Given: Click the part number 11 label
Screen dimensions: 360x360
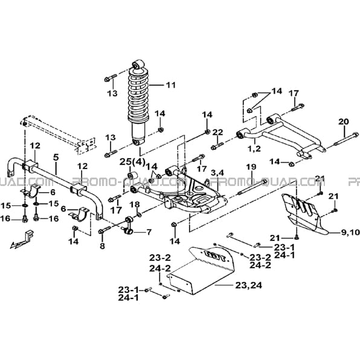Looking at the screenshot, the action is [170, 85].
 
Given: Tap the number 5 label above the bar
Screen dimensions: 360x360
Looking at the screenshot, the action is [56, 157].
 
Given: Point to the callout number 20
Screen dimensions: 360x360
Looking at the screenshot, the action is [344, 121].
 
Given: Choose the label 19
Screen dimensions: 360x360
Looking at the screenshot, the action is [251, 167].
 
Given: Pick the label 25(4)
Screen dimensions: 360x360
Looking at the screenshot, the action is [132, 162].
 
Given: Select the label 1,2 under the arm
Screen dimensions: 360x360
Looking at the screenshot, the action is [254, 149].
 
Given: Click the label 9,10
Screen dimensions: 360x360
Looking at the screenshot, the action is [350, 233].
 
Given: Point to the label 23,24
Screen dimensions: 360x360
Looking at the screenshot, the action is [249, 285].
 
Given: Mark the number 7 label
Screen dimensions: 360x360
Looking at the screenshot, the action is [149, 232].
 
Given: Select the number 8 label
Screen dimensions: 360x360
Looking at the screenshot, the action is [102, 246].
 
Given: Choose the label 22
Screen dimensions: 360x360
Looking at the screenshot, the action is [217, 132].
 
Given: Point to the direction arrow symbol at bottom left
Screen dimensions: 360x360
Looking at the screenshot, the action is [21, 239].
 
